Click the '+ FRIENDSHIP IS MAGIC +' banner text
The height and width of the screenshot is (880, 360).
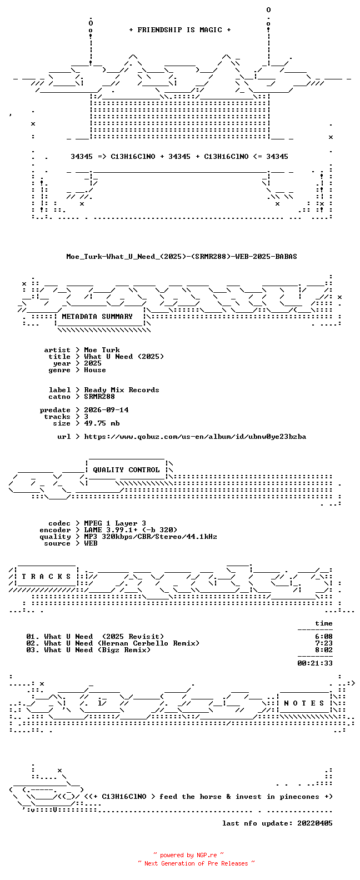coord(180,30)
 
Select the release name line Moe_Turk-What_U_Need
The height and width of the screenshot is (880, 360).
coord(182,257)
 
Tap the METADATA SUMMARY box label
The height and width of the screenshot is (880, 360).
coord(97,317)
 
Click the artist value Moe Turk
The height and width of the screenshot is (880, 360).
coord(102,350)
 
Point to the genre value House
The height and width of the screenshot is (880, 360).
coord(94,370)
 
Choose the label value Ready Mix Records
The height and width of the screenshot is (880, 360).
coord(122,390)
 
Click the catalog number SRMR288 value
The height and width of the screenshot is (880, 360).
coord(99,397)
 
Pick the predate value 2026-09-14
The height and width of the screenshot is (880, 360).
coord(106,410)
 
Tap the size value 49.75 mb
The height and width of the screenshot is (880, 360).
coord(102,423)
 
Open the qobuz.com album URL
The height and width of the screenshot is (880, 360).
coord(195,437)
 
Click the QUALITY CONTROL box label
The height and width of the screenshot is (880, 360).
coord(126,470)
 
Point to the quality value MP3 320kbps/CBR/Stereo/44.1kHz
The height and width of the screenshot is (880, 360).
coord(151,537)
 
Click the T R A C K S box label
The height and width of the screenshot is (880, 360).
coord(46,577)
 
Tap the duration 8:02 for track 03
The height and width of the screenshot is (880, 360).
coord(324,650)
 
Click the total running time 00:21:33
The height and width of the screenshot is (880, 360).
coord(315,663)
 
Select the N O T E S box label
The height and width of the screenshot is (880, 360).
coord(304,703)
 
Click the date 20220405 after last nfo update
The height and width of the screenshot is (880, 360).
coord(315,823)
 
